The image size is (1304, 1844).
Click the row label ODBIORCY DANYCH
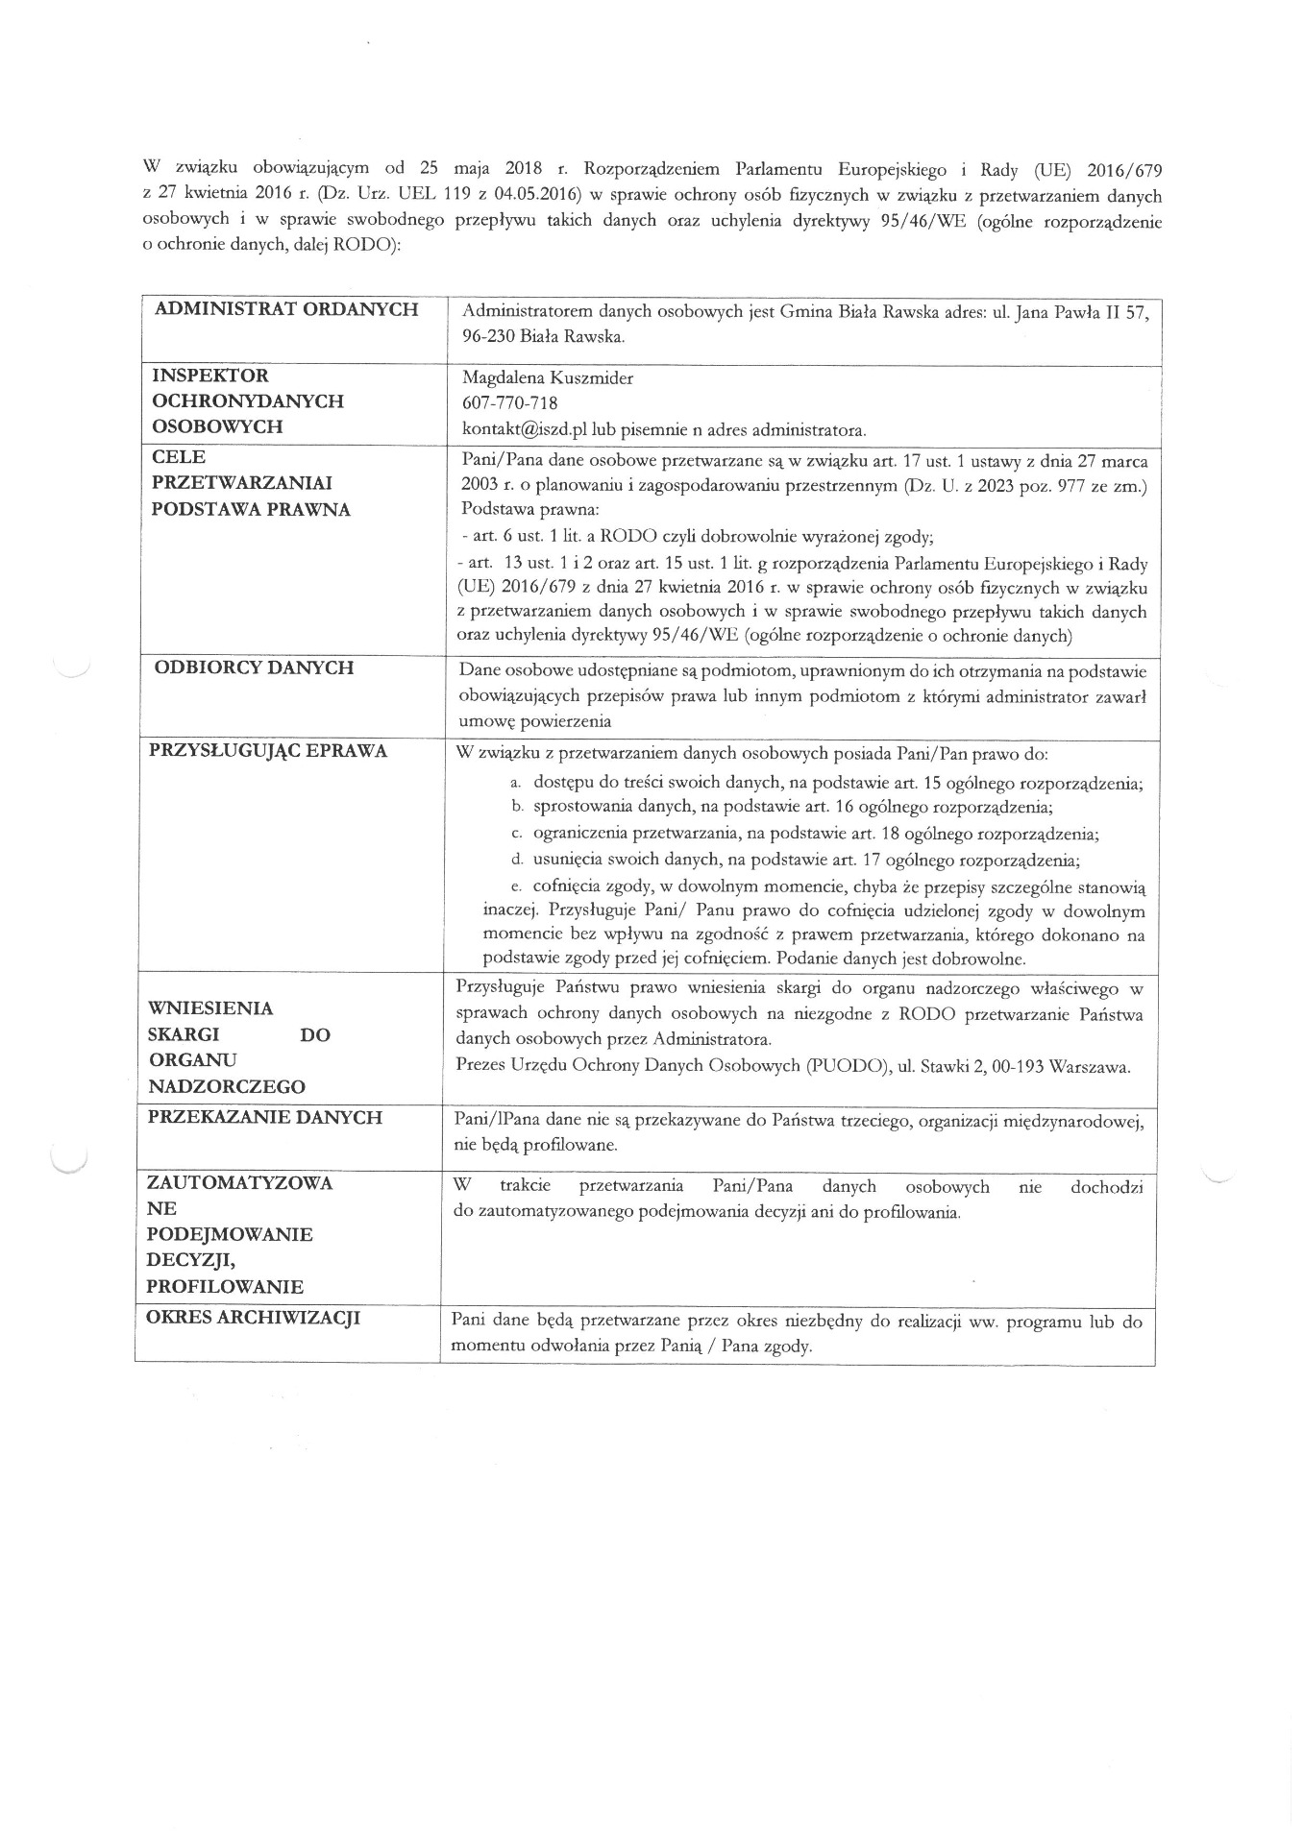click(254, 667)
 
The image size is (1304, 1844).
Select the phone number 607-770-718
click(509, 403)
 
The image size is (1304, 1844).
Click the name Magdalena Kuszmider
click(548, 378)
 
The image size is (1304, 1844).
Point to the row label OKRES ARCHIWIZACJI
click(253, 1318)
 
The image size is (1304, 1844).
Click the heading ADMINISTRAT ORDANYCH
click(286, 309)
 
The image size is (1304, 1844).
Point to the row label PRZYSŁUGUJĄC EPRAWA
click(269, 751)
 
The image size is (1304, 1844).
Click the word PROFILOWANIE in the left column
click(225, 1287)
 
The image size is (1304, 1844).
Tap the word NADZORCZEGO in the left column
click(228, 1087)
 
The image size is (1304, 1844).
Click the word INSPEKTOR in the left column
click(210, 376)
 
